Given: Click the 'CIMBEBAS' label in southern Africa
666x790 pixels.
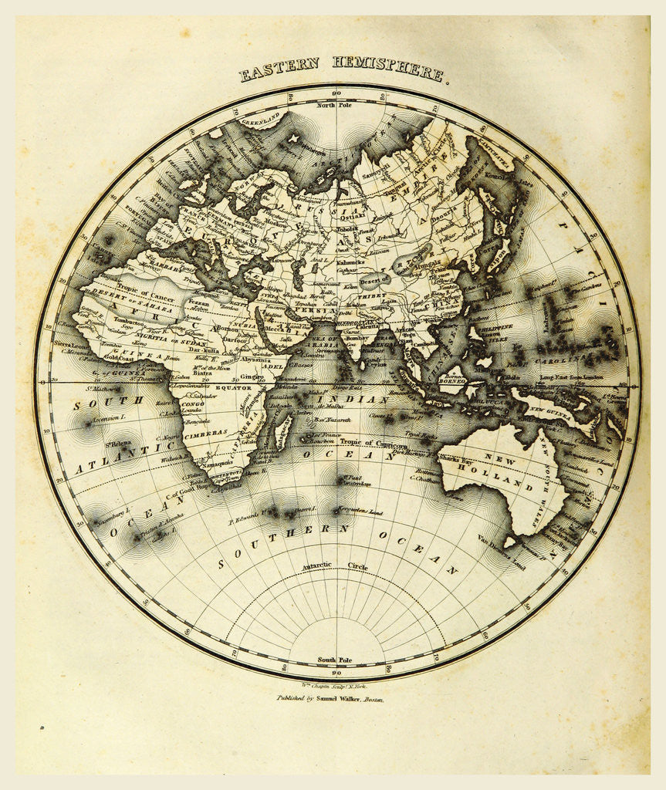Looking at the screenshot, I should point(205,434).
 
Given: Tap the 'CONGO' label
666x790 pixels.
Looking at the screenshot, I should point(194,401).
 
